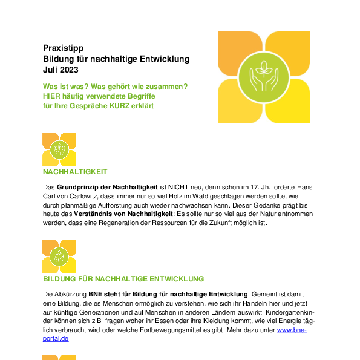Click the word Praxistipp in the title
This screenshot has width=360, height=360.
tap(64, 48)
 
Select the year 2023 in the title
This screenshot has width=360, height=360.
tap(69, 70)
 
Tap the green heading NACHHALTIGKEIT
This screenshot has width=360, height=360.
tap(75, 172)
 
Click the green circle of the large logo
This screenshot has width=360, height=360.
tap(264, 77)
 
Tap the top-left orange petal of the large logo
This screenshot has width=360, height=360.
tap(240, 53)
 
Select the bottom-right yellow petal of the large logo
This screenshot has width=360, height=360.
tap(288, 102)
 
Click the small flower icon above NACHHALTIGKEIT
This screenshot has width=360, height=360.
tap(59, 149)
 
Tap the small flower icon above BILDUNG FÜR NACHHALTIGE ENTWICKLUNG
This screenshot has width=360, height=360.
tap(59, 257)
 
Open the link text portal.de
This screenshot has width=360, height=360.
tap(56, 339)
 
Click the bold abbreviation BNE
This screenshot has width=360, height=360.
tap(95, 294)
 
